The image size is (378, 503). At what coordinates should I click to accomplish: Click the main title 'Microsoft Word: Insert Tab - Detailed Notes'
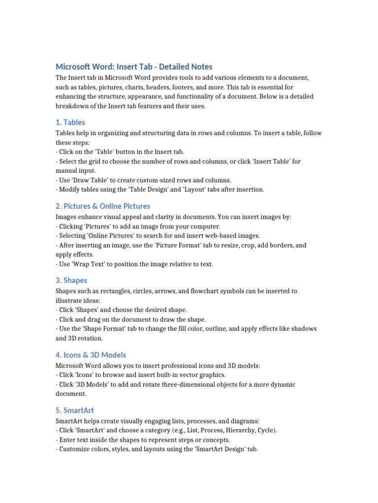coord(134,67)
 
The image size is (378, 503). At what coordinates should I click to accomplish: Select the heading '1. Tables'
coord(70,122)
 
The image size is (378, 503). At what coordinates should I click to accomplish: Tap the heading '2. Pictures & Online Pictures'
coord(103,206)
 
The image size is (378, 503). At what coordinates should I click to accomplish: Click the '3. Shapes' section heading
coord(71,280)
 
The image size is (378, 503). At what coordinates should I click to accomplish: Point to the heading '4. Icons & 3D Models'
coord(91,355)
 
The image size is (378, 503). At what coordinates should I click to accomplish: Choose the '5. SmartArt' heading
coord(75,410)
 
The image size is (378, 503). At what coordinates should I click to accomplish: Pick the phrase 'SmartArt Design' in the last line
coord(226,449)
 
